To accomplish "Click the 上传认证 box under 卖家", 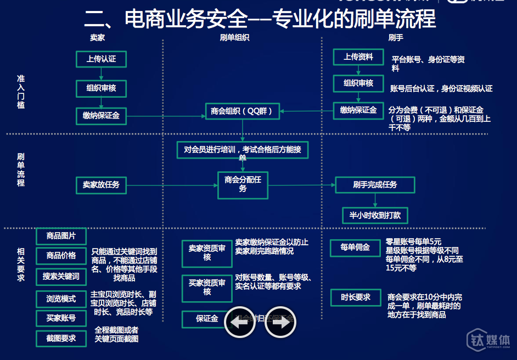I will pyautogui.click(x=101, y=59).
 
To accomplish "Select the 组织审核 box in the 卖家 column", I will pyautogui.click(x=101, y=88).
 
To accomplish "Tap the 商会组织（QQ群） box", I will pyautogui.click(x=242, y=111).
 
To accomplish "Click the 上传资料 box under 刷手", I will pyautogui.click(x=358, y=57).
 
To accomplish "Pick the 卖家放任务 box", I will pyautogui.click(x=101, y=185).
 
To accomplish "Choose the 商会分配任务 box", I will pyautogui.click(x=243, y=184).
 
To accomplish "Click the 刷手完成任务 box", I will pyautogui.click(x=375, y=185).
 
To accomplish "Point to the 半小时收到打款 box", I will pyautogui.click(x=375, y=215).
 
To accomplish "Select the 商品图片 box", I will pyautogui.click(x=61, y=237).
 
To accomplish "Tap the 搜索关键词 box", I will pyautogui.click(x=61, y=277).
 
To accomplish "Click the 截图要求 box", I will pyautogui.click(x=61, y=339).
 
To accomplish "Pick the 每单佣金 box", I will pyautogui.click(x=355, y=248).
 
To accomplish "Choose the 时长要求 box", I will pyautogui.click(x=355, y=297).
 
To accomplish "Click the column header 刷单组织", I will pyautogui.click(x=234, y=38).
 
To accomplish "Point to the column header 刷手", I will pyautogui.click(x=396, y=38).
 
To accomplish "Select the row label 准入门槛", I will pyautogui.click(x=21, y=92).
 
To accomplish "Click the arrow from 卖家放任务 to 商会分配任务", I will pyautogui.click(x=172, y=185).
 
